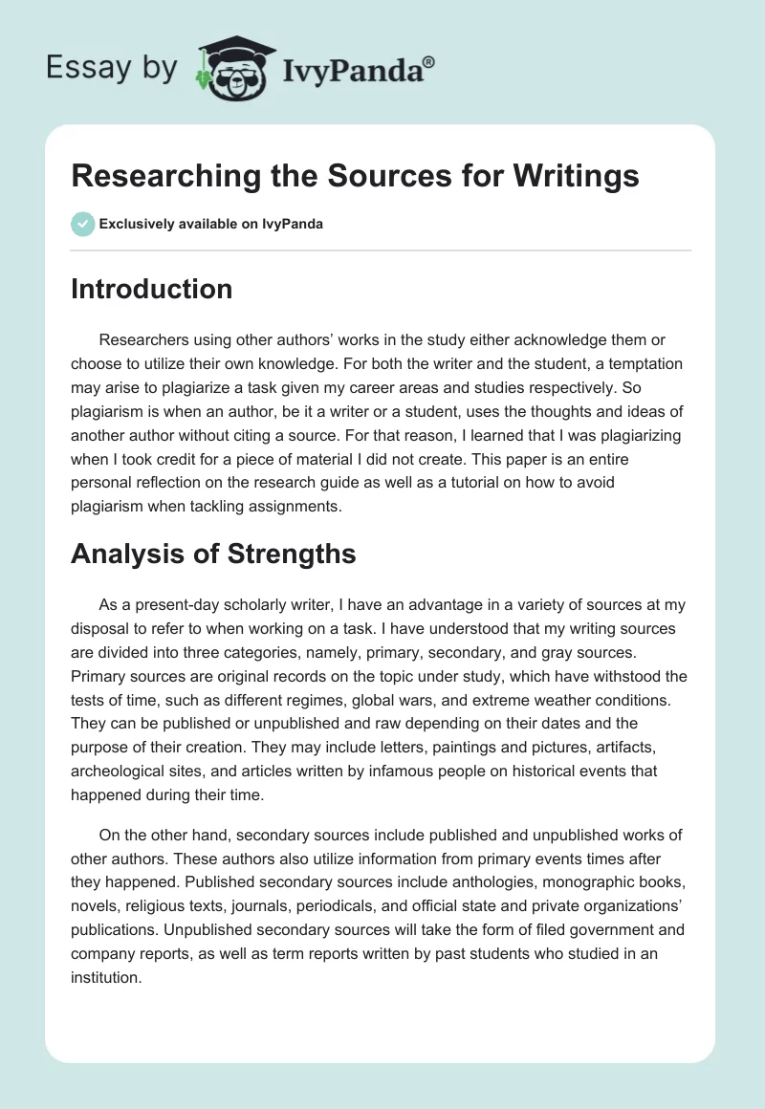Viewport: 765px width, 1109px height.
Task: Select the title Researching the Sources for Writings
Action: (x=355, y=177)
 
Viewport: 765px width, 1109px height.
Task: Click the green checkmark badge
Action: (x=82, y=224)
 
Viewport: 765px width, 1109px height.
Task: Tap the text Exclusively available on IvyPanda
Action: (x=211, y=225)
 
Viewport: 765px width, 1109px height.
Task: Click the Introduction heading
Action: (x=151, y=289)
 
